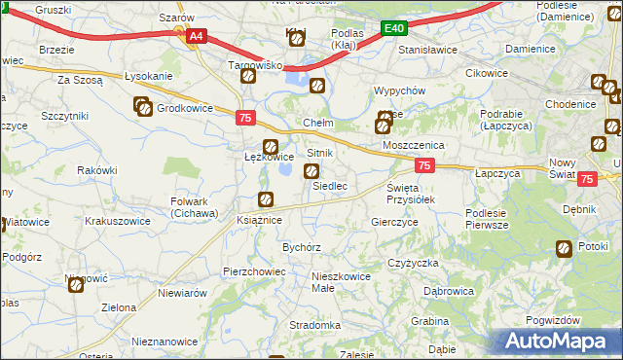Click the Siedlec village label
coord(330,185)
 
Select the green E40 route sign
coord(393,29)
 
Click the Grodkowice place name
coord(184,109)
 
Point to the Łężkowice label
coord(268,157)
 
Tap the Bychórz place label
coord(302,247)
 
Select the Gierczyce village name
coord(394,222)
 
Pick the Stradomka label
coord(314,325)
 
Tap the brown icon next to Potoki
coord(564,250)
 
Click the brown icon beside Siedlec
coord(311,172)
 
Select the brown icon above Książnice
coord(265,200)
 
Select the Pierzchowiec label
coord(252,270)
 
